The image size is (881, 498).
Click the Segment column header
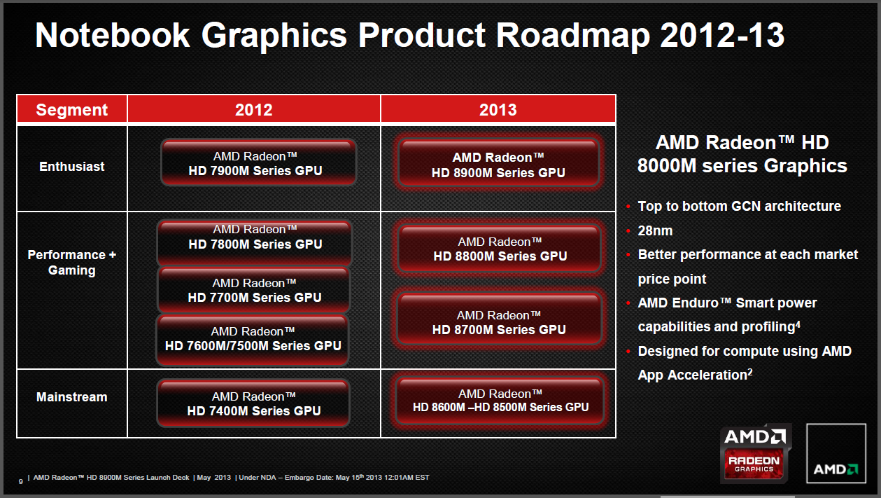(x=72, y=109)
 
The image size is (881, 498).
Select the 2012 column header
(x=254, y=109)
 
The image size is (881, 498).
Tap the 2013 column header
(x=498, y=109)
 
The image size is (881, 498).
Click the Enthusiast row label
(x=72, y=167)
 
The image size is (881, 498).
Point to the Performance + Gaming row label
(x=72, y=263)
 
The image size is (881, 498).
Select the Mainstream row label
(x=72, y=397)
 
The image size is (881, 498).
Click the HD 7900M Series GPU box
(x=258, y=162)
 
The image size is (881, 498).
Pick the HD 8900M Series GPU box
(x=499, y=163)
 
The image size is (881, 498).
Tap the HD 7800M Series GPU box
(x=254, y=243)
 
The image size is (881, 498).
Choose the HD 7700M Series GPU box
(x=254, y=290)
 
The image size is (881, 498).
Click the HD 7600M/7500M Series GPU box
(x=253, y=340)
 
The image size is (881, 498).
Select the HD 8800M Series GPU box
(x=500, y=249)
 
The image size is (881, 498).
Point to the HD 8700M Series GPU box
(x=499, y=319)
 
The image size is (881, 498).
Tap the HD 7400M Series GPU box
(x=253, y=403)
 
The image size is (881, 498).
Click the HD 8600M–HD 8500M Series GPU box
(x=500, y=401)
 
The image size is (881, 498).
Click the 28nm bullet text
(x=655, y=230)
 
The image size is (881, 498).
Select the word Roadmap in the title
(x=572, y=36)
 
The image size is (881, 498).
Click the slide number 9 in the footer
(x=21, y=481)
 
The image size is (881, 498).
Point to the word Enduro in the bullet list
(x=696, y=303)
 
